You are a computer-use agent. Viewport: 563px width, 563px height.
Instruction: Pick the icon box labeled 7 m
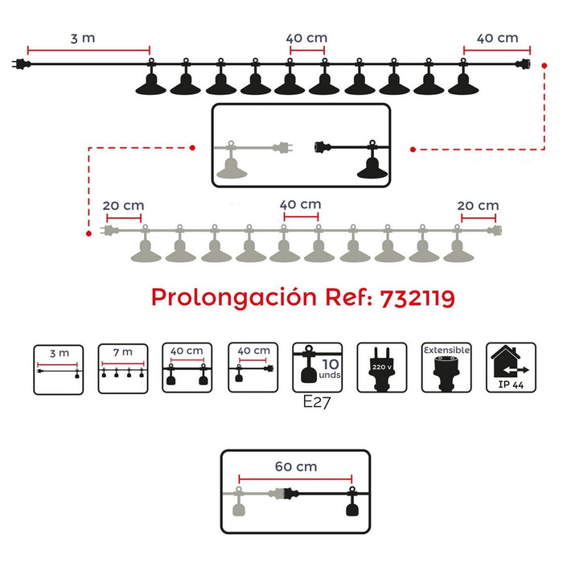coord(123,368)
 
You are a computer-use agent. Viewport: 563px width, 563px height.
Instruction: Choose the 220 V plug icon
coord(383,368)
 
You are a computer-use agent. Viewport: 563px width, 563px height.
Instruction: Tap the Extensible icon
coord(446,368)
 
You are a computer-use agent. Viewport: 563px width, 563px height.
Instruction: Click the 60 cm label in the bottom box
coord(294,466)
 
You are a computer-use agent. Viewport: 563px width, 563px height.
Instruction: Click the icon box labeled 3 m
coord(59,368)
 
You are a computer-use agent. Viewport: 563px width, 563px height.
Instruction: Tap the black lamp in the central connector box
coord(371,165)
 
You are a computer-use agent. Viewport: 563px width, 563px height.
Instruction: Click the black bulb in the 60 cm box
coord(351,504)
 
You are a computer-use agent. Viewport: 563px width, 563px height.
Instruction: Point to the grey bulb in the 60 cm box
coord(238,504)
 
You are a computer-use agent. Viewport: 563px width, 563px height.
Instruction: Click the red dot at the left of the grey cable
coord(88,232)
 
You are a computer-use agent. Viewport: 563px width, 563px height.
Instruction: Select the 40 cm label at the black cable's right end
coord(497,38)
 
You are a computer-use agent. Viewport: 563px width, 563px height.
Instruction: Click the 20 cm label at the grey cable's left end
coord(123,205)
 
